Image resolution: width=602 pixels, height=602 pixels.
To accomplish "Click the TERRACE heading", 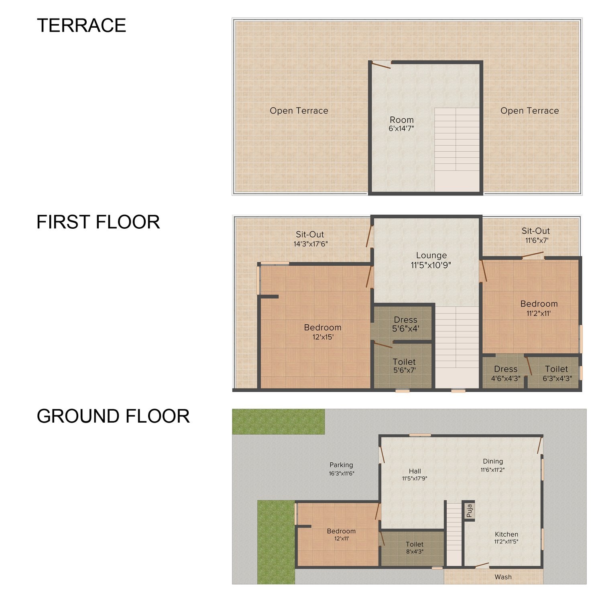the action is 81,25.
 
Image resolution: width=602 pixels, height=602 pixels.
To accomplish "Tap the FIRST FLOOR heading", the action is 98,222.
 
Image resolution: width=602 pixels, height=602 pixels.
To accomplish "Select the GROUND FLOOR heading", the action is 113,416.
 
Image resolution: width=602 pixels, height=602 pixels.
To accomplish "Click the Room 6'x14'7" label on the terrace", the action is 401,124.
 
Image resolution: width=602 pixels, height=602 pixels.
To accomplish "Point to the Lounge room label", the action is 431,256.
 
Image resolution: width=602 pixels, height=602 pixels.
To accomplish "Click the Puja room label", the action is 469,510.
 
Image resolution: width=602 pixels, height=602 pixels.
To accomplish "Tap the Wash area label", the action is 503,577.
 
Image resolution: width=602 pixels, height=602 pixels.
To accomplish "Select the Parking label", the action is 341,465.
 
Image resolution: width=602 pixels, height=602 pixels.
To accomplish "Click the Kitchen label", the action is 506,534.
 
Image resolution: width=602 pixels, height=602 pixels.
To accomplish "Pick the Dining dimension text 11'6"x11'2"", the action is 493,470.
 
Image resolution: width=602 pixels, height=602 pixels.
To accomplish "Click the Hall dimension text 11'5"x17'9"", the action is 415,478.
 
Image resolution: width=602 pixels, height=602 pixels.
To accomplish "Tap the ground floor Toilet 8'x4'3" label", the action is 415,548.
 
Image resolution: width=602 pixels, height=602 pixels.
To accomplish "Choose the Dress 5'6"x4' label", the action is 406,324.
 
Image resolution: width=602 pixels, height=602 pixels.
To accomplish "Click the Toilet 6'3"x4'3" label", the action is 557,373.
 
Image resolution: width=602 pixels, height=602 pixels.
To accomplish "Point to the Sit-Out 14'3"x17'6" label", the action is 310,239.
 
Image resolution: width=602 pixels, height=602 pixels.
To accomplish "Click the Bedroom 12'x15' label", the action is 323,332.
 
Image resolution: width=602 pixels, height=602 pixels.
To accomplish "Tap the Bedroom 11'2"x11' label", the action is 539,308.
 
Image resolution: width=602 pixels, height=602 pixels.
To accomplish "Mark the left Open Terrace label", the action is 299,111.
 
